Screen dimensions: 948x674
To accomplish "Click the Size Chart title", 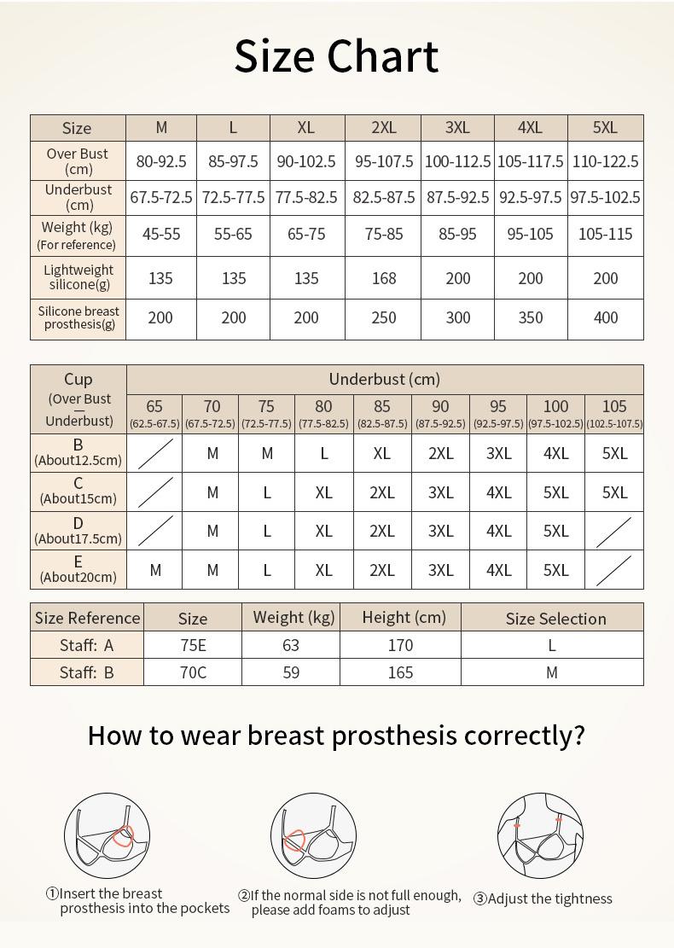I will [x=336, y=56].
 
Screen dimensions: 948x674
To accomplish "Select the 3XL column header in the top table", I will [x=457, y=128].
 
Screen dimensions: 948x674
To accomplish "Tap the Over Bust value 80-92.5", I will [x=161, y=161].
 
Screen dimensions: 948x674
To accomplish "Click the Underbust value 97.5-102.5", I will [x=605, y=197].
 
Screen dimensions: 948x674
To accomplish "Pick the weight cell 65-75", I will [x=306, y=234].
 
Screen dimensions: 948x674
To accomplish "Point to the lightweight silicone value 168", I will [x=384, y=278].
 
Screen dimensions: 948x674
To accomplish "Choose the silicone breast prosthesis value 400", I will [x=605, y=317].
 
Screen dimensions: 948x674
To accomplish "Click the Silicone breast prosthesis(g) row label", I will [x=78, y=317].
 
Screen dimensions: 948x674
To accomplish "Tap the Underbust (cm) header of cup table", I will [x=384, y=379].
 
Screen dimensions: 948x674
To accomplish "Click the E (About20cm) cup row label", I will [x=78, y=569].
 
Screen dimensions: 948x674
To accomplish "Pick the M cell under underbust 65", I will [x=154, y=570].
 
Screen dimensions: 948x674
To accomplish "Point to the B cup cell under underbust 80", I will [x=324, y=453].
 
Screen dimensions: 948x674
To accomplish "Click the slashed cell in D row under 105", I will [x=614, y=531].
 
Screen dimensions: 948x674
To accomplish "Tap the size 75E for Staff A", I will [x=193, y=645].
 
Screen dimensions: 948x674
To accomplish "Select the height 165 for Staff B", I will [x=400, y=672].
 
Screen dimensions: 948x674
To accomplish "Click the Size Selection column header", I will [x=555, y=619].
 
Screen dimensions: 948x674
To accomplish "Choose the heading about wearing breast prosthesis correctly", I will [x=336, y=735].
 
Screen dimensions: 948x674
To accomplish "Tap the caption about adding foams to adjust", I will [x=349, y=903].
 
